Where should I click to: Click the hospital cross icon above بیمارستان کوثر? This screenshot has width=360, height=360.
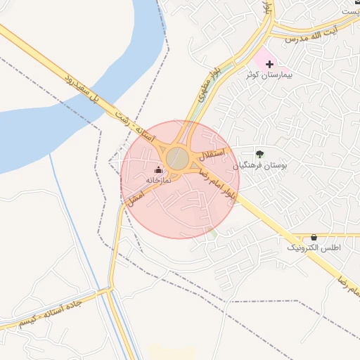pyautogui.click(x=270, y=64)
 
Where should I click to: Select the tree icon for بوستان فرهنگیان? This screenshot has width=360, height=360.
pyautogui.click(x=260, y=154)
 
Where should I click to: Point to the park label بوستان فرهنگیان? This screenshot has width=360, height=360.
pyautogui.click(x=264, y=165)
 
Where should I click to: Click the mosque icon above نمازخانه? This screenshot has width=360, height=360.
pyautogui.click(x=158, y=169)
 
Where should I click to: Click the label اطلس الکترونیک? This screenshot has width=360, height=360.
pyautogui.click(x=314, y=248)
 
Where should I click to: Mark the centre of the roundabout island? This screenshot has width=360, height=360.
pyautogui.click(x=177, y=157)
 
